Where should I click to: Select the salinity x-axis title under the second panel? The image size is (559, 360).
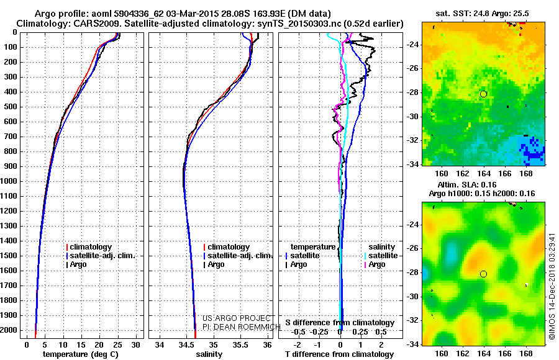coord(209,354)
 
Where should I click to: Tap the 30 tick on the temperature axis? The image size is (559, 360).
coord(135,344)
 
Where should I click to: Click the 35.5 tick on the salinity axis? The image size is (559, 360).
coord(240,344)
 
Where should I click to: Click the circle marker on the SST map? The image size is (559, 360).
coord(483,94)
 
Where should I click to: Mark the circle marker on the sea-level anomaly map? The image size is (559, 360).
coord(483,274)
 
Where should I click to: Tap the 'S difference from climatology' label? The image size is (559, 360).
coord(340,323)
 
